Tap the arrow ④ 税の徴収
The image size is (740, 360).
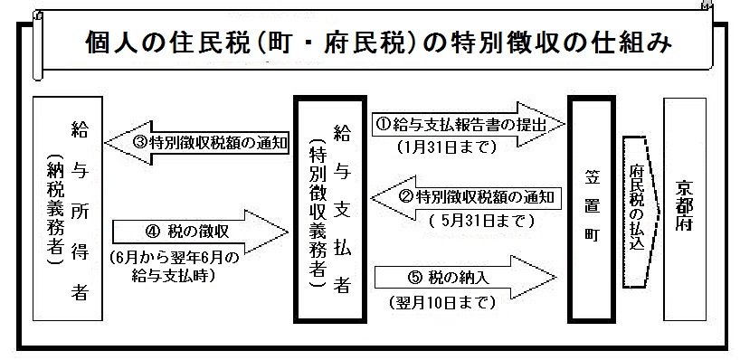pos(197,231)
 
